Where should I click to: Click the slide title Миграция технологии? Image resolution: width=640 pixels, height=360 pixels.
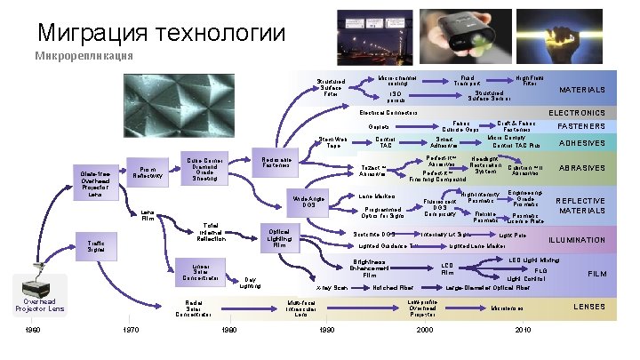161,35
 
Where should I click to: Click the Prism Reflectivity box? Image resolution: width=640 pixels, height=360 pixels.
147,171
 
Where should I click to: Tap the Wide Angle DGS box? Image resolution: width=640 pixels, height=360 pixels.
306,202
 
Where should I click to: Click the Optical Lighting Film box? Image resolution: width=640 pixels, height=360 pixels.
278,237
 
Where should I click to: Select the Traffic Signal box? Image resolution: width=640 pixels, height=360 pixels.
96,244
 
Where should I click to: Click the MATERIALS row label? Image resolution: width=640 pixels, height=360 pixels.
582,90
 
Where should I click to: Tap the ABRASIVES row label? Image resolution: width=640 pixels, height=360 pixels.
582,168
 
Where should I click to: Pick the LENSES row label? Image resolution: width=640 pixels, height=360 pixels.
582,307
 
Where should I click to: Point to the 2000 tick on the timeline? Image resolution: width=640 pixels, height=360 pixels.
424,330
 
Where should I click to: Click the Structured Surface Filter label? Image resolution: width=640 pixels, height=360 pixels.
331,87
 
